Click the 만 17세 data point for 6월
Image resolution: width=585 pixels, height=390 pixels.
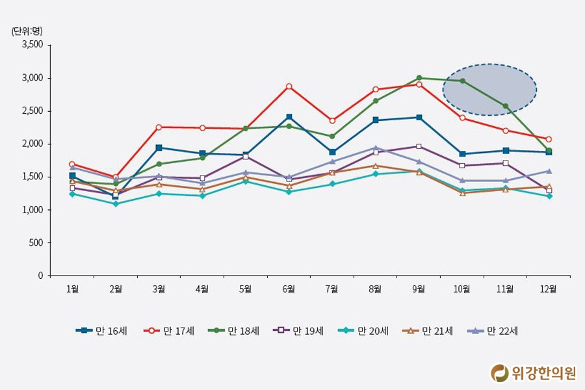point(289,86)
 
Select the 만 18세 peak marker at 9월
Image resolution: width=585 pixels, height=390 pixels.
point(419,78)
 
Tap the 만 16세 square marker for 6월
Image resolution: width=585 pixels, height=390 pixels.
point(289,117)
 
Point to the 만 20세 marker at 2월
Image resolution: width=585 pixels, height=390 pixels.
point(116,203)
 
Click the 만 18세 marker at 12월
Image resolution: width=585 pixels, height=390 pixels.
point(549,151)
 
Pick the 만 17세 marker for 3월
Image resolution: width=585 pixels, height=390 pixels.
point(159,127)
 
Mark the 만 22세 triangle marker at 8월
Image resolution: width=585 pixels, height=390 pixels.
point(376,148)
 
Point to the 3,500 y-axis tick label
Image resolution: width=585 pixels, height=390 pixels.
point(32,45)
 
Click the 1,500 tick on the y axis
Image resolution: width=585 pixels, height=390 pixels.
point(32,177)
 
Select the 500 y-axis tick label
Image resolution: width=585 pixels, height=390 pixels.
point(36,242)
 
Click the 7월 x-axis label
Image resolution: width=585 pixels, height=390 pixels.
point(332,289)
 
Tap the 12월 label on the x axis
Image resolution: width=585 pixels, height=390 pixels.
point(549,289)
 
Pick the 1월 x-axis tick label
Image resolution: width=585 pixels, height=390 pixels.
point(72,289)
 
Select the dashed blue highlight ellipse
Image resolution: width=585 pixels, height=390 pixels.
point(489,90)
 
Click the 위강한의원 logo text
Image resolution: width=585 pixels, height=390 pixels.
point(543,372)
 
